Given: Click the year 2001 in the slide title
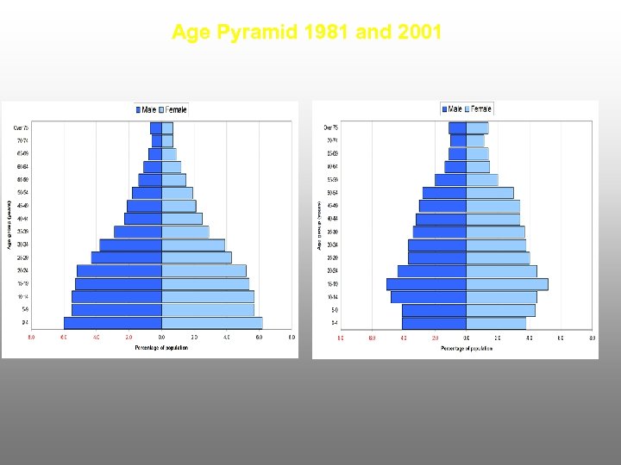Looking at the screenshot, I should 418,33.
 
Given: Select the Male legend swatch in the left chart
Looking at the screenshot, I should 138,109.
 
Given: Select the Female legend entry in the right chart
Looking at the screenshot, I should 480,109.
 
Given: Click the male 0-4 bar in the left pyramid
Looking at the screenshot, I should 112,323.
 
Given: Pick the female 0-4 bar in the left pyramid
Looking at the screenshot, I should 211,323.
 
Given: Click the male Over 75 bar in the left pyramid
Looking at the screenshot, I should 156,127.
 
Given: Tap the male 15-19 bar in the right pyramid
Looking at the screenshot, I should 426,283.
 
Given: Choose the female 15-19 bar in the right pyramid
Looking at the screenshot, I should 506,283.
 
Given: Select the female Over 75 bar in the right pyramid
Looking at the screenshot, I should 477,127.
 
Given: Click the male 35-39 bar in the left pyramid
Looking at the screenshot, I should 138,232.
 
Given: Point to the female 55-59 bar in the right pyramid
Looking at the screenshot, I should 482,179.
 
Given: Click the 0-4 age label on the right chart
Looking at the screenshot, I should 332,323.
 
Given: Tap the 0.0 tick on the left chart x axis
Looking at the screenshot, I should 161,338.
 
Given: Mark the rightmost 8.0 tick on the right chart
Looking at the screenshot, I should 592,338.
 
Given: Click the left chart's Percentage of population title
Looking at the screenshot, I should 161,348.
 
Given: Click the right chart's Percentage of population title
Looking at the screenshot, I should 467,348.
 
